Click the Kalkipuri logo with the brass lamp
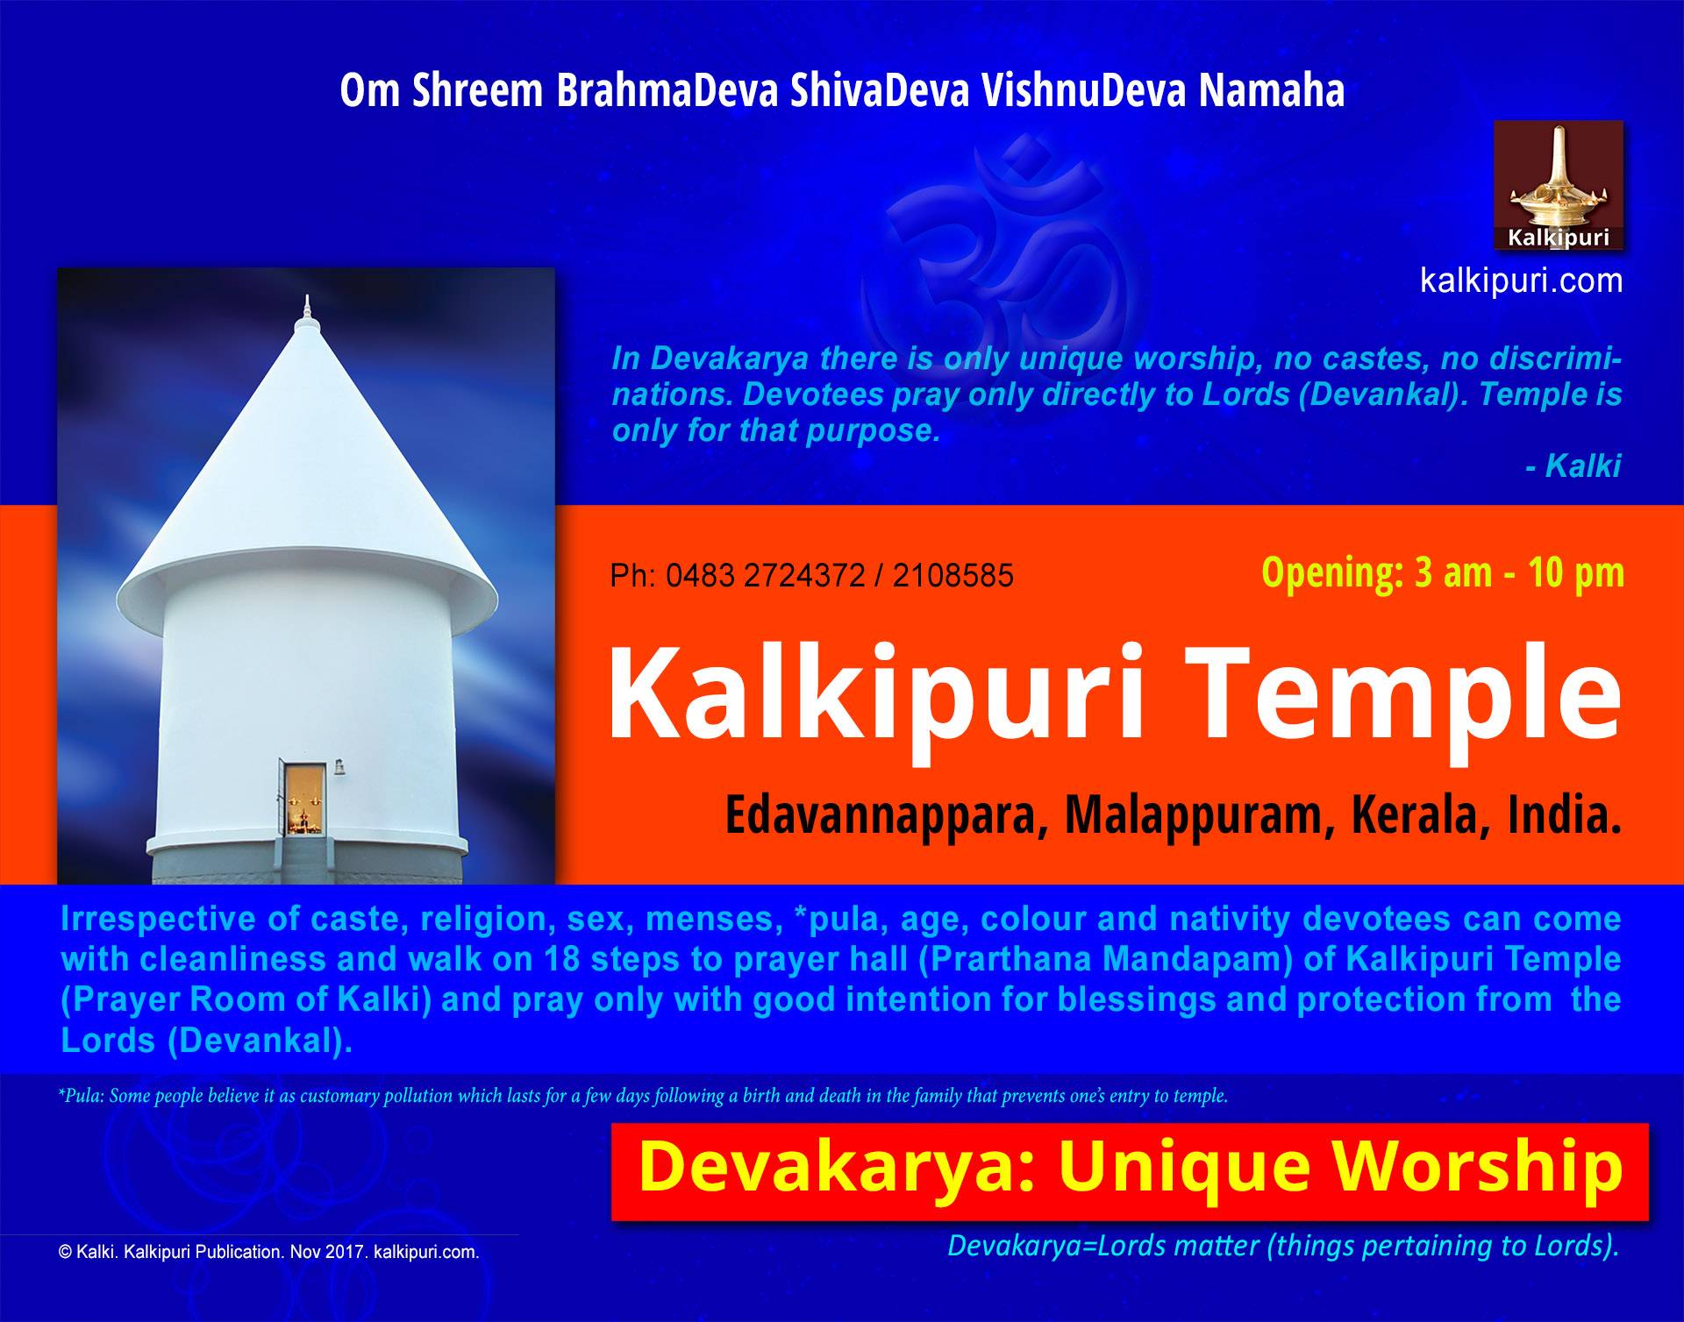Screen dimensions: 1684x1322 pyautogui.click(x=1559, y=186)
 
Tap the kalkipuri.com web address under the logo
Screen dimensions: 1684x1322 pyautogui.click(x=1521, y=281)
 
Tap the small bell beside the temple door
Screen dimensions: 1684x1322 pyautogui.click(x=337, y=769)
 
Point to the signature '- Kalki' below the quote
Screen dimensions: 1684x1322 pyautogui.click(x=1573, y=466)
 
